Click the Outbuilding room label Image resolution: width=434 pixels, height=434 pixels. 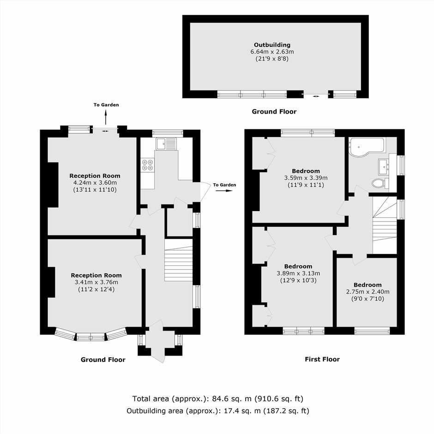pos(272,45)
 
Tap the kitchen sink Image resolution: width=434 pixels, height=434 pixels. pos(166,144)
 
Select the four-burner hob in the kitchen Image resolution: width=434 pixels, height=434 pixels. pos(148,165)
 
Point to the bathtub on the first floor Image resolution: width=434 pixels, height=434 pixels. pos(367,147)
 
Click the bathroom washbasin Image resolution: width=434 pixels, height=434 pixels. pos(384,167)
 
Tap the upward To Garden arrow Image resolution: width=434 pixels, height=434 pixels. pos(105,118)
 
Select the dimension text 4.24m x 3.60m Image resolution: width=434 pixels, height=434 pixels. pos(95,183)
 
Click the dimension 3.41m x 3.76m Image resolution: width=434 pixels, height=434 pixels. pos(96,282)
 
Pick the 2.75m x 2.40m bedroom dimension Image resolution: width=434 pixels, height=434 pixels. pos(368,292)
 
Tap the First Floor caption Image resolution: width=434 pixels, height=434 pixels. pos(322,359)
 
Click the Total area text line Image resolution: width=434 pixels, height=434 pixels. pos(218,399)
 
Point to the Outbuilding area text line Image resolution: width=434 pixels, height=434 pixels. pos(218,411)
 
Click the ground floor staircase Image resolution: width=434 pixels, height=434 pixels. pos(179,260)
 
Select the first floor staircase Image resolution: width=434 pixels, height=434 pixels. pos(385,225)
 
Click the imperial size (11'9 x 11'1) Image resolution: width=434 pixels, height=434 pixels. pos(306,185)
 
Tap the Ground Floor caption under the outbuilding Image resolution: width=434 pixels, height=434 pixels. pos(274,112)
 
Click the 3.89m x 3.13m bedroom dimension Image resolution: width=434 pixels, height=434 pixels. pos(298,273)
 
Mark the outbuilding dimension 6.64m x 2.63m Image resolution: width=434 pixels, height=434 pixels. pos(272,52)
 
